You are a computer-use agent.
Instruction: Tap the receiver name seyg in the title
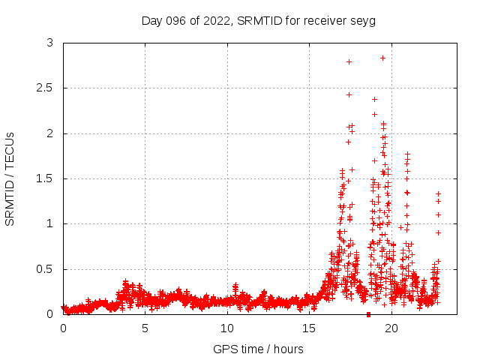point(361,20)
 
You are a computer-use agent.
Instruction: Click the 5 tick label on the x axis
point(145,328)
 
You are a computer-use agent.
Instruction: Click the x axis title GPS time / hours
point(258,349)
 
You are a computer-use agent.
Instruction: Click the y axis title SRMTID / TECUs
point(10,179)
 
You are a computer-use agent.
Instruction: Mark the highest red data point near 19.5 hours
point(382,58)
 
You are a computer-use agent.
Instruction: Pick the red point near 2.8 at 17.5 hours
point(349,61)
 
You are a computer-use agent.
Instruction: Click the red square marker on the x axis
point(368,314)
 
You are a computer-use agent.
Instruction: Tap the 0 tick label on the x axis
point(63,328)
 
